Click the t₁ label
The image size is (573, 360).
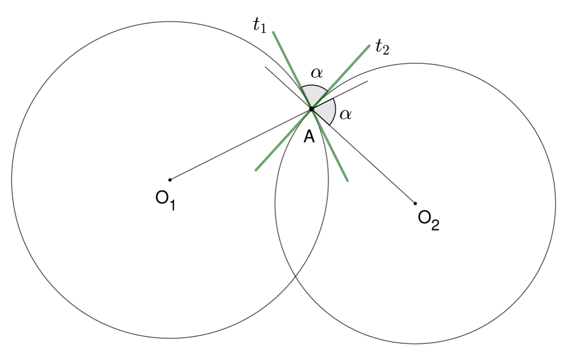click(259, 25)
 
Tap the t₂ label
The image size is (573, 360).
click(382, 47)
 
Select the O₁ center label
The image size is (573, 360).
click(166, 201)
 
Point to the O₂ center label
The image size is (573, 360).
click(429, 220)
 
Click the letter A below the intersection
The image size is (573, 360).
click(309, 137)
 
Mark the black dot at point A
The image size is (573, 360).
click(312, 109)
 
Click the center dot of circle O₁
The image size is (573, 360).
click(170, 180)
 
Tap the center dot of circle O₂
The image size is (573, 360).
click(415, 203)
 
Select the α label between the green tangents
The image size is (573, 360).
click(317, 73)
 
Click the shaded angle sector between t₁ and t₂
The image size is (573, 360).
click(314, 94)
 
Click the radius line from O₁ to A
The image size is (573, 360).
click(240, 144)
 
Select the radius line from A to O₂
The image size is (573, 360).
click(363, 156)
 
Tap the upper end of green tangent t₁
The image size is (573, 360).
click(274, 33)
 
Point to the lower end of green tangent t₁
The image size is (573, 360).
click(348, 181)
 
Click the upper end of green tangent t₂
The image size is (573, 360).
click(370, 45)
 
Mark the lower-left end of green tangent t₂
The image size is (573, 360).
click(256, 170)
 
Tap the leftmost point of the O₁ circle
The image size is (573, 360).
click(11, 180)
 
